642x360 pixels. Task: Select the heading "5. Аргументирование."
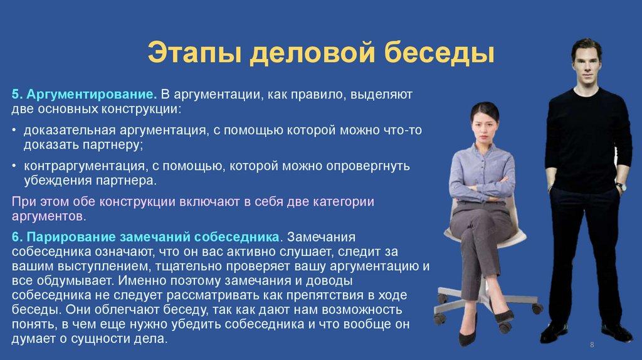coord(85,95)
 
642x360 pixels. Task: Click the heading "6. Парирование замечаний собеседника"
coord(145,237)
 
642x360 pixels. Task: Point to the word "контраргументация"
coord(84,166)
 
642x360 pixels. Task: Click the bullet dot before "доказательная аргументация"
coord(14,130)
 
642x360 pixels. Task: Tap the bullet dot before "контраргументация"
coord(14,166)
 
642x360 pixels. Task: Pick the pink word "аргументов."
coord(49,216)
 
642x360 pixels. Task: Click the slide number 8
coord(592,345)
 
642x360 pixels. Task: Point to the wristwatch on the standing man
coord(621,186)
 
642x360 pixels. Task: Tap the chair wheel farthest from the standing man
coord(439,317)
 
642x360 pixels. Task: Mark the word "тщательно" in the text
coord(190,266)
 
